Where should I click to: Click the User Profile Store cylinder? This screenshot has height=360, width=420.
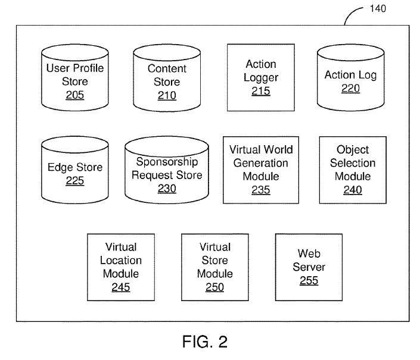74,80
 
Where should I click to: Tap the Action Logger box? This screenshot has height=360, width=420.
261,77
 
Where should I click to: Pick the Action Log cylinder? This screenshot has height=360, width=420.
350,80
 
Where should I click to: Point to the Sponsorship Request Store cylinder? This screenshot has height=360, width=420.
167,173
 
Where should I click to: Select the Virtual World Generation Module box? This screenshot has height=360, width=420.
261,170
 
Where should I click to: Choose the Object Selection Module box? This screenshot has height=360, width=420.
352,170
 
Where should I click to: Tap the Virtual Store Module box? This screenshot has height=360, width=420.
214,267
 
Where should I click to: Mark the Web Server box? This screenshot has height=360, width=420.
309,267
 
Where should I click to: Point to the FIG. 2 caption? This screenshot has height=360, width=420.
204,342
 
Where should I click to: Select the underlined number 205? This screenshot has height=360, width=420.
74,95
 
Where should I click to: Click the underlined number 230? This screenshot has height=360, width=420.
167,189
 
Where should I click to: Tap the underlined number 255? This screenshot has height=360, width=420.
309,281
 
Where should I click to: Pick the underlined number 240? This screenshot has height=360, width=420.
352,190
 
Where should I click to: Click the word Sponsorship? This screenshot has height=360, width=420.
166,162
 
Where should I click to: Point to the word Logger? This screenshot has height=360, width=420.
261,77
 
